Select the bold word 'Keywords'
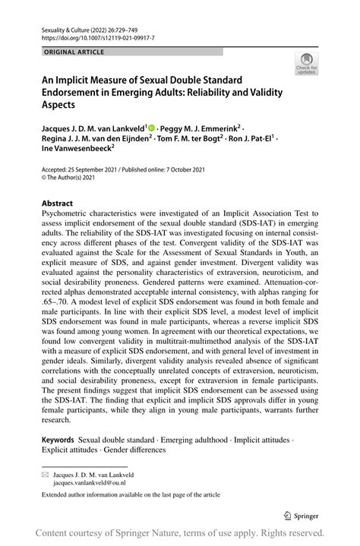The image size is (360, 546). (58, 440)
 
